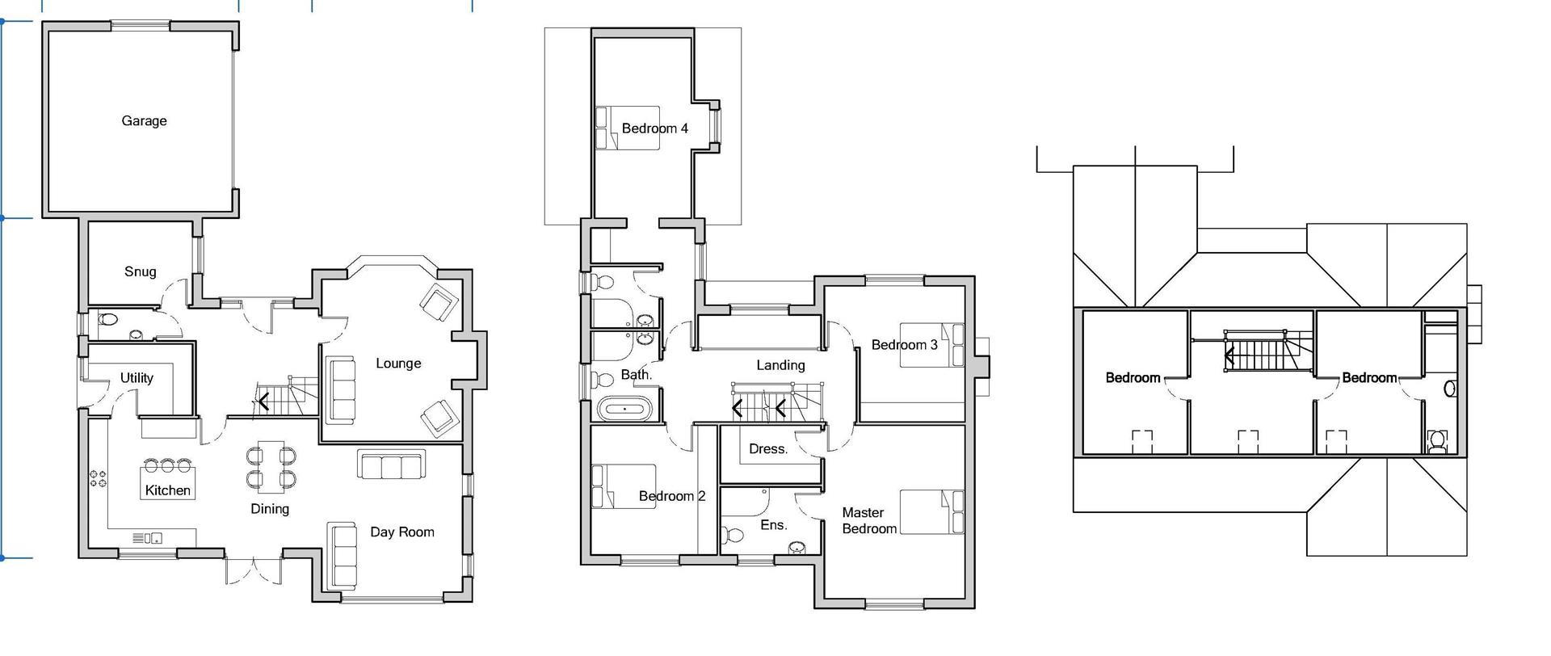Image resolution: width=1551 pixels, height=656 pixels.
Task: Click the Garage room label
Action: (x=144, y=121)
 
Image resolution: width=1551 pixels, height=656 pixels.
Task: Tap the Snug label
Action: (x=140, y=271)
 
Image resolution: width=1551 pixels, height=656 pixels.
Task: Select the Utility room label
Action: (x=137, y=377)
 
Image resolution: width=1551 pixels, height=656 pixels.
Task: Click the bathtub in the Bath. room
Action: (x=624, y=410)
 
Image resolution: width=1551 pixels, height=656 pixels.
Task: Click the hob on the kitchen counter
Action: (x=99, y=478)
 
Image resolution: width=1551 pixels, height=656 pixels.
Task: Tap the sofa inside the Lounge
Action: (x=341, y=389)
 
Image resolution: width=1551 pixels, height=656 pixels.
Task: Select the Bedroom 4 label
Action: (x=654, y=128)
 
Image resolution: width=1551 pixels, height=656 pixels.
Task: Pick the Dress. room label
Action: (x=767, y=449)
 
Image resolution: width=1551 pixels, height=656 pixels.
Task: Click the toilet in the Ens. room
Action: (x=733, y=535)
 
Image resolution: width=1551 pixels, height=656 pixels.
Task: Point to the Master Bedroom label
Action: (x=868, y=521)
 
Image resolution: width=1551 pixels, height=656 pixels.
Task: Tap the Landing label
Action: (x=780, y=365)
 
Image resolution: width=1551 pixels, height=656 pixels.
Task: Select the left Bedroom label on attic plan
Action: (x=1133, y=377)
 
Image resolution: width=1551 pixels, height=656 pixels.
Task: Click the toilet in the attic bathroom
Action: (x=1436, y=441)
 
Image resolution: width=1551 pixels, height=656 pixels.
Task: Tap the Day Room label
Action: (x=401, y=532)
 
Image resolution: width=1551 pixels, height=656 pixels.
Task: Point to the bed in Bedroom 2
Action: (x=623, y=486)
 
